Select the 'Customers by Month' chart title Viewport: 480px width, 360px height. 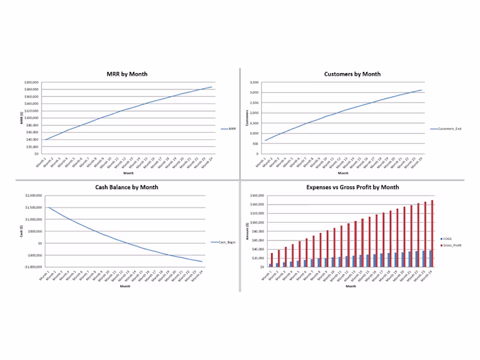coord(352,74)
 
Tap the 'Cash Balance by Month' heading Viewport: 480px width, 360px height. coord(127,187)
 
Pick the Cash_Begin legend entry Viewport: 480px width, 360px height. coord(223,242)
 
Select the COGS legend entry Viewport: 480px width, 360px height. coord(448,238)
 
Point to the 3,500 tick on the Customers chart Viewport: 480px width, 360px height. coord(254,82)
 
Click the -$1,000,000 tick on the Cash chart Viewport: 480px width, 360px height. coord(30,266)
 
